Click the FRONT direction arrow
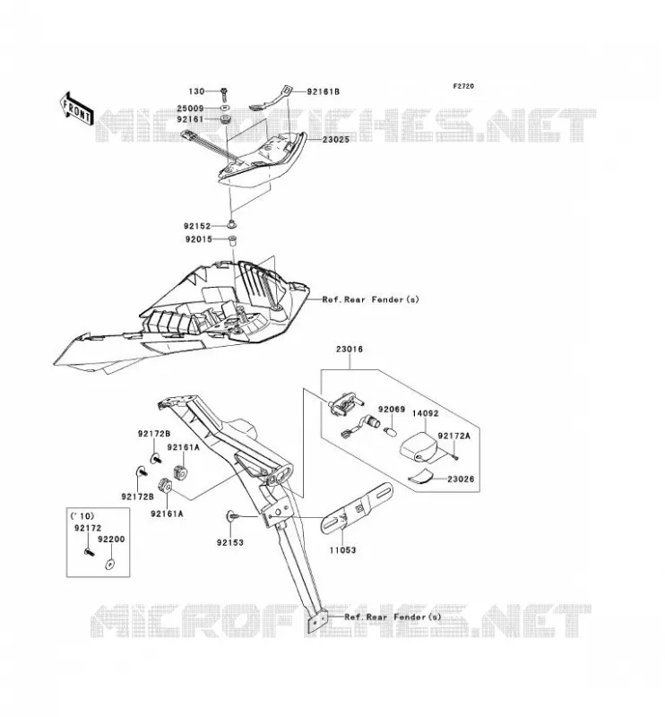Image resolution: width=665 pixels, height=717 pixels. point(76,108)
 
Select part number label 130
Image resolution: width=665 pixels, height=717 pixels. point(196,91)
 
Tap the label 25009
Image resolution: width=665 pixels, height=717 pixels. point(190,108)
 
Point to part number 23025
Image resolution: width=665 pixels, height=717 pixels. point(336,140)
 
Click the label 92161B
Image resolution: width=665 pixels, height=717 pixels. point(324,91)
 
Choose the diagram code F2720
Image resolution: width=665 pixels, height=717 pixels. point(463,86)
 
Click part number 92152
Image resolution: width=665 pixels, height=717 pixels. point(197,226)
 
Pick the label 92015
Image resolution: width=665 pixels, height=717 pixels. point(198,239)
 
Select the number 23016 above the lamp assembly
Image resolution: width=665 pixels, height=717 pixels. point(350,349)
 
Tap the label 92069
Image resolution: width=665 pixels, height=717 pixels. point(392,410)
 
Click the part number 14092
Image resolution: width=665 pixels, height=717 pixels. point(426,413)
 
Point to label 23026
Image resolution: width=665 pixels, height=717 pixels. point(461,479)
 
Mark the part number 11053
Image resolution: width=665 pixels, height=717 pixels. point(342,550)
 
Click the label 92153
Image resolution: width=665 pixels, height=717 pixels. point(230,543)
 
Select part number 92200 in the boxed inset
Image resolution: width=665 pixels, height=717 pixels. point(111,540)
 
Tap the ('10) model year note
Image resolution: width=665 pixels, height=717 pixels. point(82,516)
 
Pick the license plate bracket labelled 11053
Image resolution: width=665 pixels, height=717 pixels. point(357,508)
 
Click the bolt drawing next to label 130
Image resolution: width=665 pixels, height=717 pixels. point(224,94)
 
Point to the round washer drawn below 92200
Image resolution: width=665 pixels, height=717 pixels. point(109,564)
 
